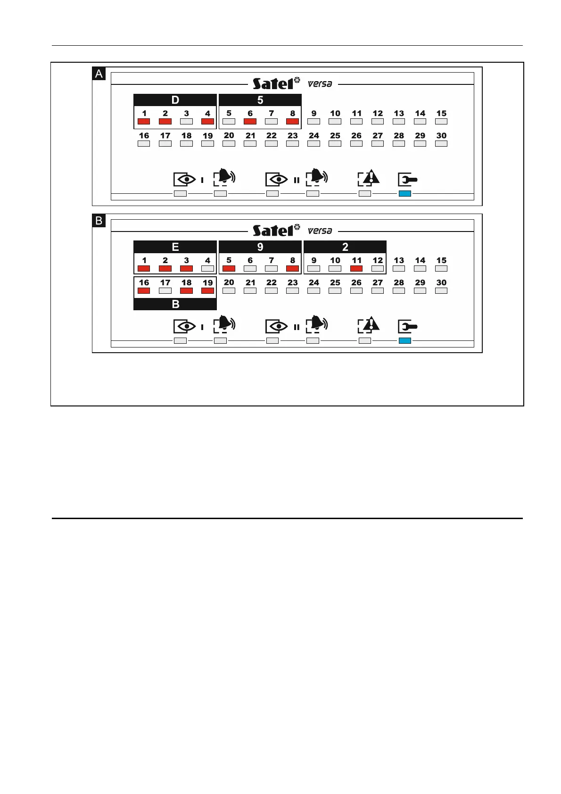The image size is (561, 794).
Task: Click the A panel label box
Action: pyautogui.click(x=99, y=74)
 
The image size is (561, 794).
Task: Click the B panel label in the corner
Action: pyautogui.click(x=99, y=221)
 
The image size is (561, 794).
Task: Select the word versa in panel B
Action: pyautogui.click(x=320, y=231)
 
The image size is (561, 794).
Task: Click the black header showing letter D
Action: pyautogui.click(x=175, y=100)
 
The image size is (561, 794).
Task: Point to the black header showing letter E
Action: pyautogui.click(x=175, y=247)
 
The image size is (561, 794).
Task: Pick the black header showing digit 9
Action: pyautogui.click(x=260, y=247)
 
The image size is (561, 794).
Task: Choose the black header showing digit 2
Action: pyautogui.click(x=345, y=247)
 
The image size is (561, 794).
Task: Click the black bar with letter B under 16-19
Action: pyautogui.click(x=175, y=305)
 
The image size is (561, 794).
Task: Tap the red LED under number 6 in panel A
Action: pyautogui.click(x=250, y=122)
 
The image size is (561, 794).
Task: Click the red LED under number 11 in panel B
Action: pyautogui.click(x=356, y=269)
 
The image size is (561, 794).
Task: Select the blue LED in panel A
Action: pyautogui.click(x=404, y=193)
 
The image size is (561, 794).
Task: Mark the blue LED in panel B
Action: pyautogui.click(x=404, y=340)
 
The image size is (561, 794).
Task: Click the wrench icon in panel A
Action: pyautogui.click(x=407, y=180)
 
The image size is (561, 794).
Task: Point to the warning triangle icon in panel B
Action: pyautogui.click(x=369, y=324)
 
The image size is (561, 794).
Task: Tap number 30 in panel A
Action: pyautogui.click(x=441, y=136)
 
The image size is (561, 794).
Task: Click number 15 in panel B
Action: pyautogui.click(x=441, y=260)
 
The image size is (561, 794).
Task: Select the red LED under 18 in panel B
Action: pyautogui.click(x=186, y=291)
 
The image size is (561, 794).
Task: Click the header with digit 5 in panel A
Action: pyautogui.click(x=260, y=100)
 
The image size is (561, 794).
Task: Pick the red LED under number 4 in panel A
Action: pyautogui.click(x=207, y=122)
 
